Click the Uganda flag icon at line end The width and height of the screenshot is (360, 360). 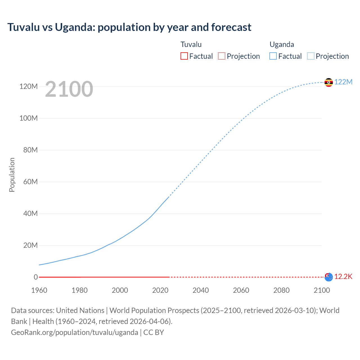(328, 82)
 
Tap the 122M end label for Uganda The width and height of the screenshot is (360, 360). (343, 82)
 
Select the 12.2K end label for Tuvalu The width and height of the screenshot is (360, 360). (343, 276)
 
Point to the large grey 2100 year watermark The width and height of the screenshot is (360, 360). (69, 89)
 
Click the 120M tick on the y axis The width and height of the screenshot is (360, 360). (28, 86)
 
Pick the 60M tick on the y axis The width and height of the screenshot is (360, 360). (30, 182)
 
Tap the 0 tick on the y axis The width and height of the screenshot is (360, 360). (36, 277)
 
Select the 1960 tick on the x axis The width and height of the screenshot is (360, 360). (39, 290)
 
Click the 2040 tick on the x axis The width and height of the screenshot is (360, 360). (201, 290)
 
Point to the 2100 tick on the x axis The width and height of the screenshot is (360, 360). (321, 290)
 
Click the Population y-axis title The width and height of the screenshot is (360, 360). (12, 175)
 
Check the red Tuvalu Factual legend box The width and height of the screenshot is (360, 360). (184, 56)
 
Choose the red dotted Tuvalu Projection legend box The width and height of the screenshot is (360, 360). (222, 56)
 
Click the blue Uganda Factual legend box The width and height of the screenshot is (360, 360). (273, 56)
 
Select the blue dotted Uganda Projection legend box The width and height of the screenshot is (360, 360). (311, 56)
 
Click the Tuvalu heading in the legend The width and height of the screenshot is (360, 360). (191, 44)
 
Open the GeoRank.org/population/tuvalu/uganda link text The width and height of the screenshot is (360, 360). (75, 332)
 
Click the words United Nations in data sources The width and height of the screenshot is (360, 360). (80, 310)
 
